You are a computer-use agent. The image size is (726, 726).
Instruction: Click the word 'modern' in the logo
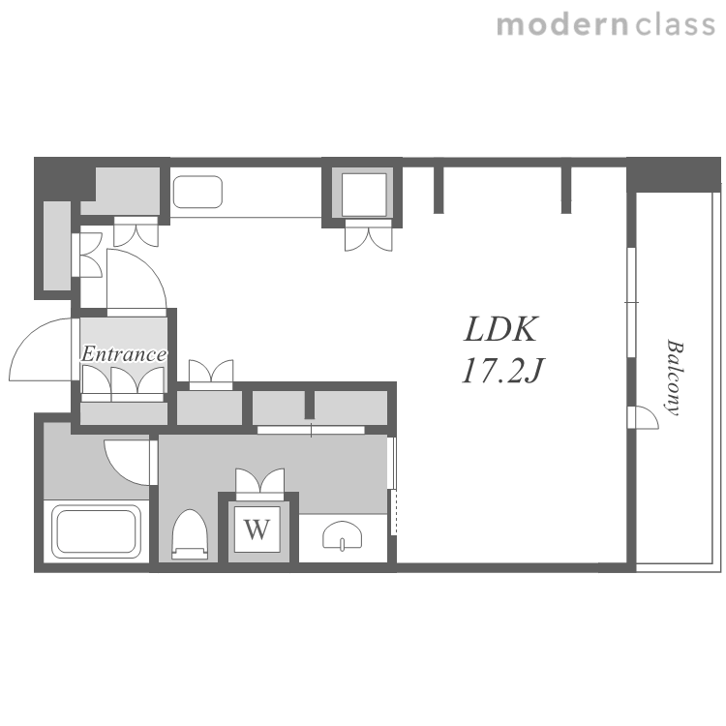pos(562,25)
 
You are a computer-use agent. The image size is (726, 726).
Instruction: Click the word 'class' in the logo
pos(676,25)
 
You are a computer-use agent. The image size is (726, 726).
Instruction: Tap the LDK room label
pos(500,329)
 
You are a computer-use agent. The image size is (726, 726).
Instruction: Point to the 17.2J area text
pos(502,371)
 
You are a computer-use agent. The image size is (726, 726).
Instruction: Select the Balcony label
pos(675,378)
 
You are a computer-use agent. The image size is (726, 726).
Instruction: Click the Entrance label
pos(124,354)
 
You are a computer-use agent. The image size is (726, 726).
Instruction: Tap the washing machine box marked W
pos(257,529)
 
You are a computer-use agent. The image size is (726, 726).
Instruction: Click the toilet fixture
pos(190,534)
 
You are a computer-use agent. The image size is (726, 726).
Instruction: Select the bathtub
pos(96,531)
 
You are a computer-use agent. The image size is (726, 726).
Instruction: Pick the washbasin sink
pos(343,535)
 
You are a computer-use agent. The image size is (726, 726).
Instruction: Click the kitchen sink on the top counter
pos(197,192)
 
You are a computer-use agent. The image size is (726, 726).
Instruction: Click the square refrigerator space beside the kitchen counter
pos(364,195)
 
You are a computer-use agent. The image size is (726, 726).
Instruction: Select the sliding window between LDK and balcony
pos(630,302)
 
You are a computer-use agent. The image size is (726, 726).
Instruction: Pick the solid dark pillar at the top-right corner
pos(673,174)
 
